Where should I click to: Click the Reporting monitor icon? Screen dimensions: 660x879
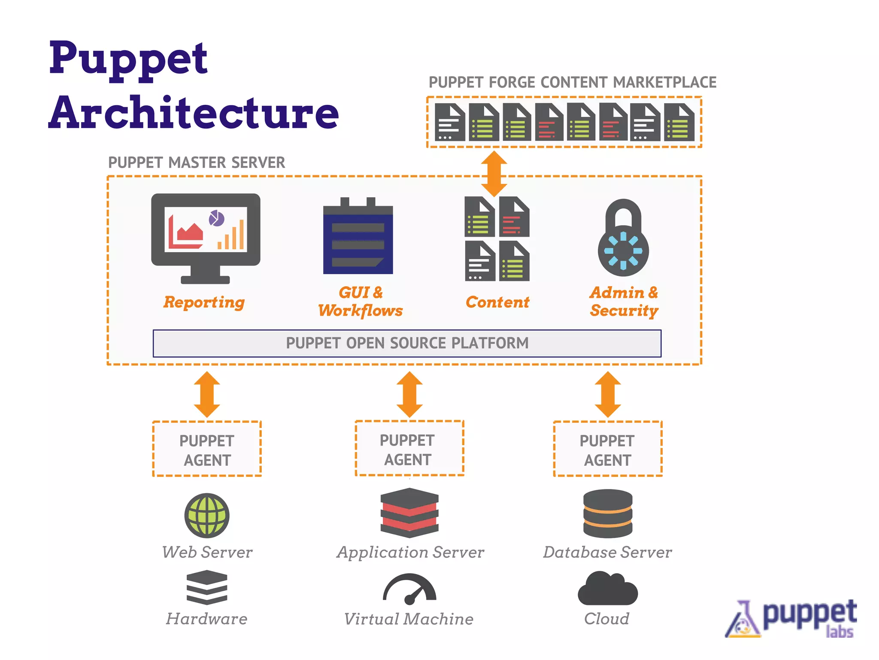click(x=206, y=237)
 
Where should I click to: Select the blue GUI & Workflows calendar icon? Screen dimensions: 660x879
click(x=358, y=237)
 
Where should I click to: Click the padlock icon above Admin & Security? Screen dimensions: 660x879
click(x=623, y=238)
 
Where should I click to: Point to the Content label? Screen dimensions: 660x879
click(x=497, y=302)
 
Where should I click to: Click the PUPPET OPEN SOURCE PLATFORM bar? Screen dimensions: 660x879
click(x=407, y=343)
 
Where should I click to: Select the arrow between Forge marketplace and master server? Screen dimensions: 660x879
click(x=494, y=174)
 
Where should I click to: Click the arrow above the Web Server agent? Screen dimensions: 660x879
click(x=207, y=394)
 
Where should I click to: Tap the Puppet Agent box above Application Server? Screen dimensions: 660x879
click(x=409, y=449)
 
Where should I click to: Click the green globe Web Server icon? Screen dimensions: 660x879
click(x=207, y=515)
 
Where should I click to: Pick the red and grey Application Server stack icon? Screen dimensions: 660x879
click(x=409, y=513)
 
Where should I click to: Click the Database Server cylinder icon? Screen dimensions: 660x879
click(x=608, y=513)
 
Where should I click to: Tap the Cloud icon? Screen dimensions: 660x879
click(x=608, y=589)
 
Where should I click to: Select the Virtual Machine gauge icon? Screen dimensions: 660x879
click(x=409, y=589)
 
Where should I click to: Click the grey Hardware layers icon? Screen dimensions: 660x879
click(x=207, y=587)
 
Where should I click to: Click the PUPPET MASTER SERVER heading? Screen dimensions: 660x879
click(x=197, y=163)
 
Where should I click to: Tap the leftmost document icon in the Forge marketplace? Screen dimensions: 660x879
click(x=449, y=122)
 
